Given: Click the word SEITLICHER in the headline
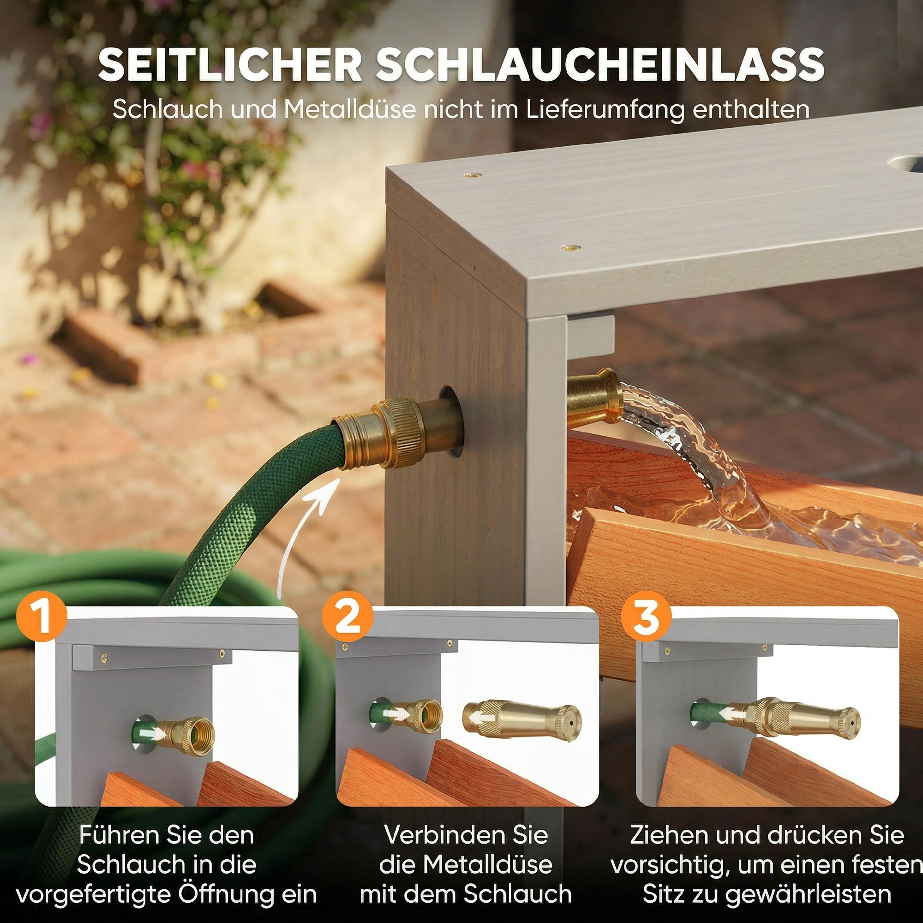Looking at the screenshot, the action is click(230, 65).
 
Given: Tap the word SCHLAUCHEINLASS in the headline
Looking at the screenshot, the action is click(600, 65).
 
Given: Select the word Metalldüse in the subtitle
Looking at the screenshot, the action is click(349, 109).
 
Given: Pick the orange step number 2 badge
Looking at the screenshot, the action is click(348, 616).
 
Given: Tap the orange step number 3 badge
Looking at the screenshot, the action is click(646, 616).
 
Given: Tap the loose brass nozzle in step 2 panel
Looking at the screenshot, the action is click(521, 719).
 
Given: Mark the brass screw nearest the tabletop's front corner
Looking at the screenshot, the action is click(569, 247).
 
